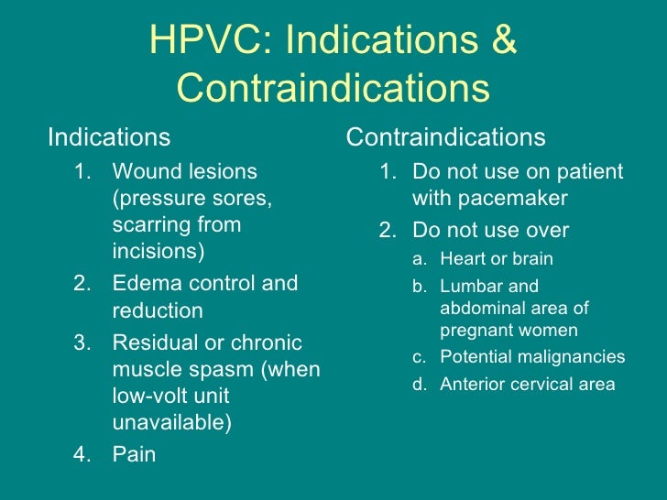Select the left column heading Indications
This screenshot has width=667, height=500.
click(x=109, y=137)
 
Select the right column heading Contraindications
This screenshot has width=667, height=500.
click(x=446, y=137)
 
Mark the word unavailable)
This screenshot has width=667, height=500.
click(x=172, y=423)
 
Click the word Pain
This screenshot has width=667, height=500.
click(x=134, y=454)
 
